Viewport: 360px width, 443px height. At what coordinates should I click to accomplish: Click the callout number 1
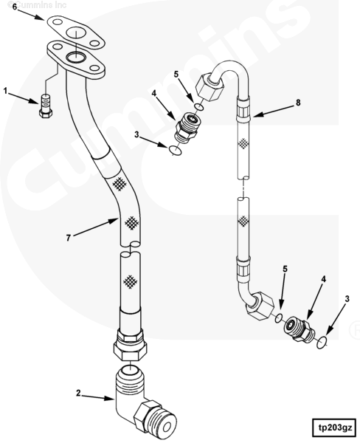point(5,91)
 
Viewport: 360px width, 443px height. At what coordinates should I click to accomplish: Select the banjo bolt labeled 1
point(46,106)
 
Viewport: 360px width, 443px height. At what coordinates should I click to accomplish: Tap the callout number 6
point(15,6)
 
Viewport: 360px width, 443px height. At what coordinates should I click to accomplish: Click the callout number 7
point(69,238)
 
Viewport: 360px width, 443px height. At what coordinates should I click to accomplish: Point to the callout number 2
point(79,393)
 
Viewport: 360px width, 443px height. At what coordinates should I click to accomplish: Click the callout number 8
point(298,103)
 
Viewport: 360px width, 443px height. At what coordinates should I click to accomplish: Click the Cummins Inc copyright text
point(38,4)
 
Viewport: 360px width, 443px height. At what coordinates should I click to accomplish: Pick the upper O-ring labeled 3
point(175,150)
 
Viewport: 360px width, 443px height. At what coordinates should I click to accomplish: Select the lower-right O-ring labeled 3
point(322,342)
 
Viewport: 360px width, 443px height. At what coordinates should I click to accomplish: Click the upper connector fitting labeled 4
point(187,126)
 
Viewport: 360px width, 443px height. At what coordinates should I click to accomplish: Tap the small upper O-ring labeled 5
point(199,107)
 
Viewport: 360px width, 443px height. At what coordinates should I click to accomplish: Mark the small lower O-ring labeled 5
point(278,317)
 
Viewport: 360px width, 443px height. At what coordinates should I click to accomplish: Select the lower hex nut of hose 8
point(260,306)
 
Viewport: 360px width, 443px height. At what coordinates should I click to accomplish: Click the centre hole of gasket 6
point(76,33)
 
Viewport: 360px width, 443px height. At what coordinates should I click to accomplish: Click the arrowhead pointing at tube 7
point(114,221)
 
